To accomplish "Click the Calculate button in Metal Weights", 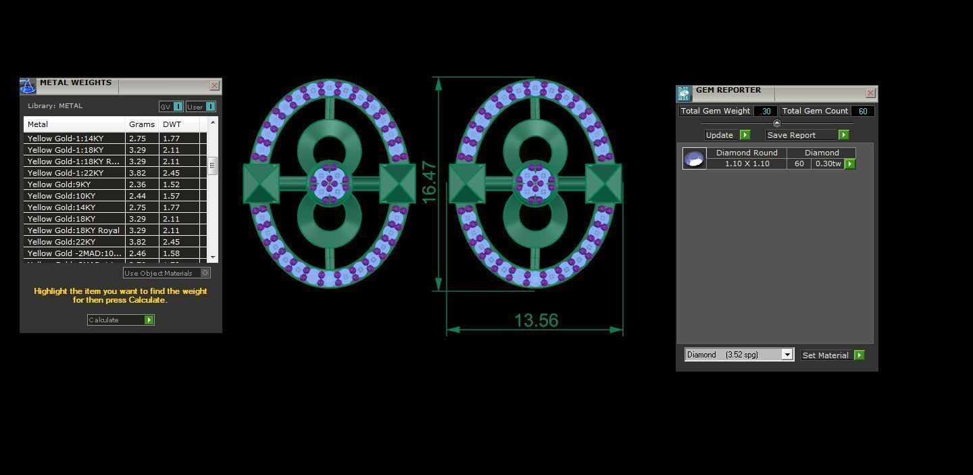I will pos(120,320).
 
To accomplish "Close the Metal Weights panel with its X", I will pos(214,85).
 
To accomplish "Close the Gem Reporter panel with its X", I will pos(870,93).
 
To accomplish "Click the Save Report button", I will pos(807,135).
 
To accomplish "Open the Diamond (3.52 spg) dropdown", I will pos(787,355).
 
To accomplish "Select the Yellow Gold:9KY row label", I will pos(59,184).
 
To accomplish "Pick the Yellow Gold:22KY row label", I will pos(61,242).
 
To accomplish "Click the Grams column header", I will pos(142,124).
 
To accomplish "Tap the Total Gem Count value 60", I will pos(863,111).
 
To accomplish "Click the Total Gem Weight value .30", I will pos(766,111).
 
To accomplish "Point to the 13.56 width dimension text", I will pos(537,320).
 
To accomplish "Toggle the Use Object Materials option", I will pos(205,273).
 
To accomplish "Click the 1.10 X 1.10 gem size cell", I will pos(747,164).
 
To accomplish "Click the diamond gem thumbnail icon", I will pos(694,159).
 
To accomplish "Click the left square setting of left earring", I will pos(261,183).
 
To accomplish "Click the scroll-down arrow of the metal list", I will pos(213,257).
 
